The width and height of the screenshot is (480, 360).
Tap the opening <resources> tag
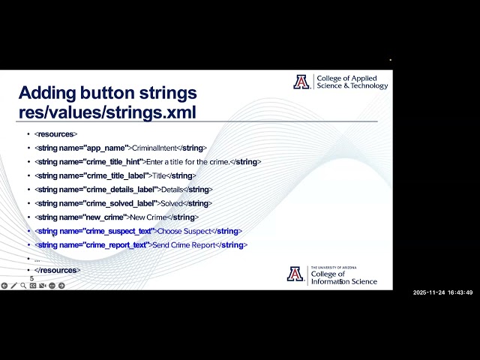(x=55, y=134)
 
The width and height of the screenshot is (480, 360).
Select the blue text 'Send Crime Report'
(x=186, y=245)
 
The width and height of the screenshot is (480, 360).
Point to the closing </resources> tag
(x=57, y=270)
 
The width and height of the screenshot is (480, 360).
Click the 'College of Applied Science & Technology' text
(x=352, y=82)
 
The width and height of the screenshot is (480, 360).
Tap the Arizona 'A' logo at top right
(x=301, y=82)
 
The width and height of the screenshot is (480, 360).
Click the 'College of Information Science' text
(x=343, y=277)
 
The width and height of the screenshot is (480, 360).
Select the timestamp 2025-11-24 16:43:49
(x=442, y=292)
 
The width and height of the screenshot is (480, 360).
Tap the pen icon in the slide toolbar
(x=13, y=286)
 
